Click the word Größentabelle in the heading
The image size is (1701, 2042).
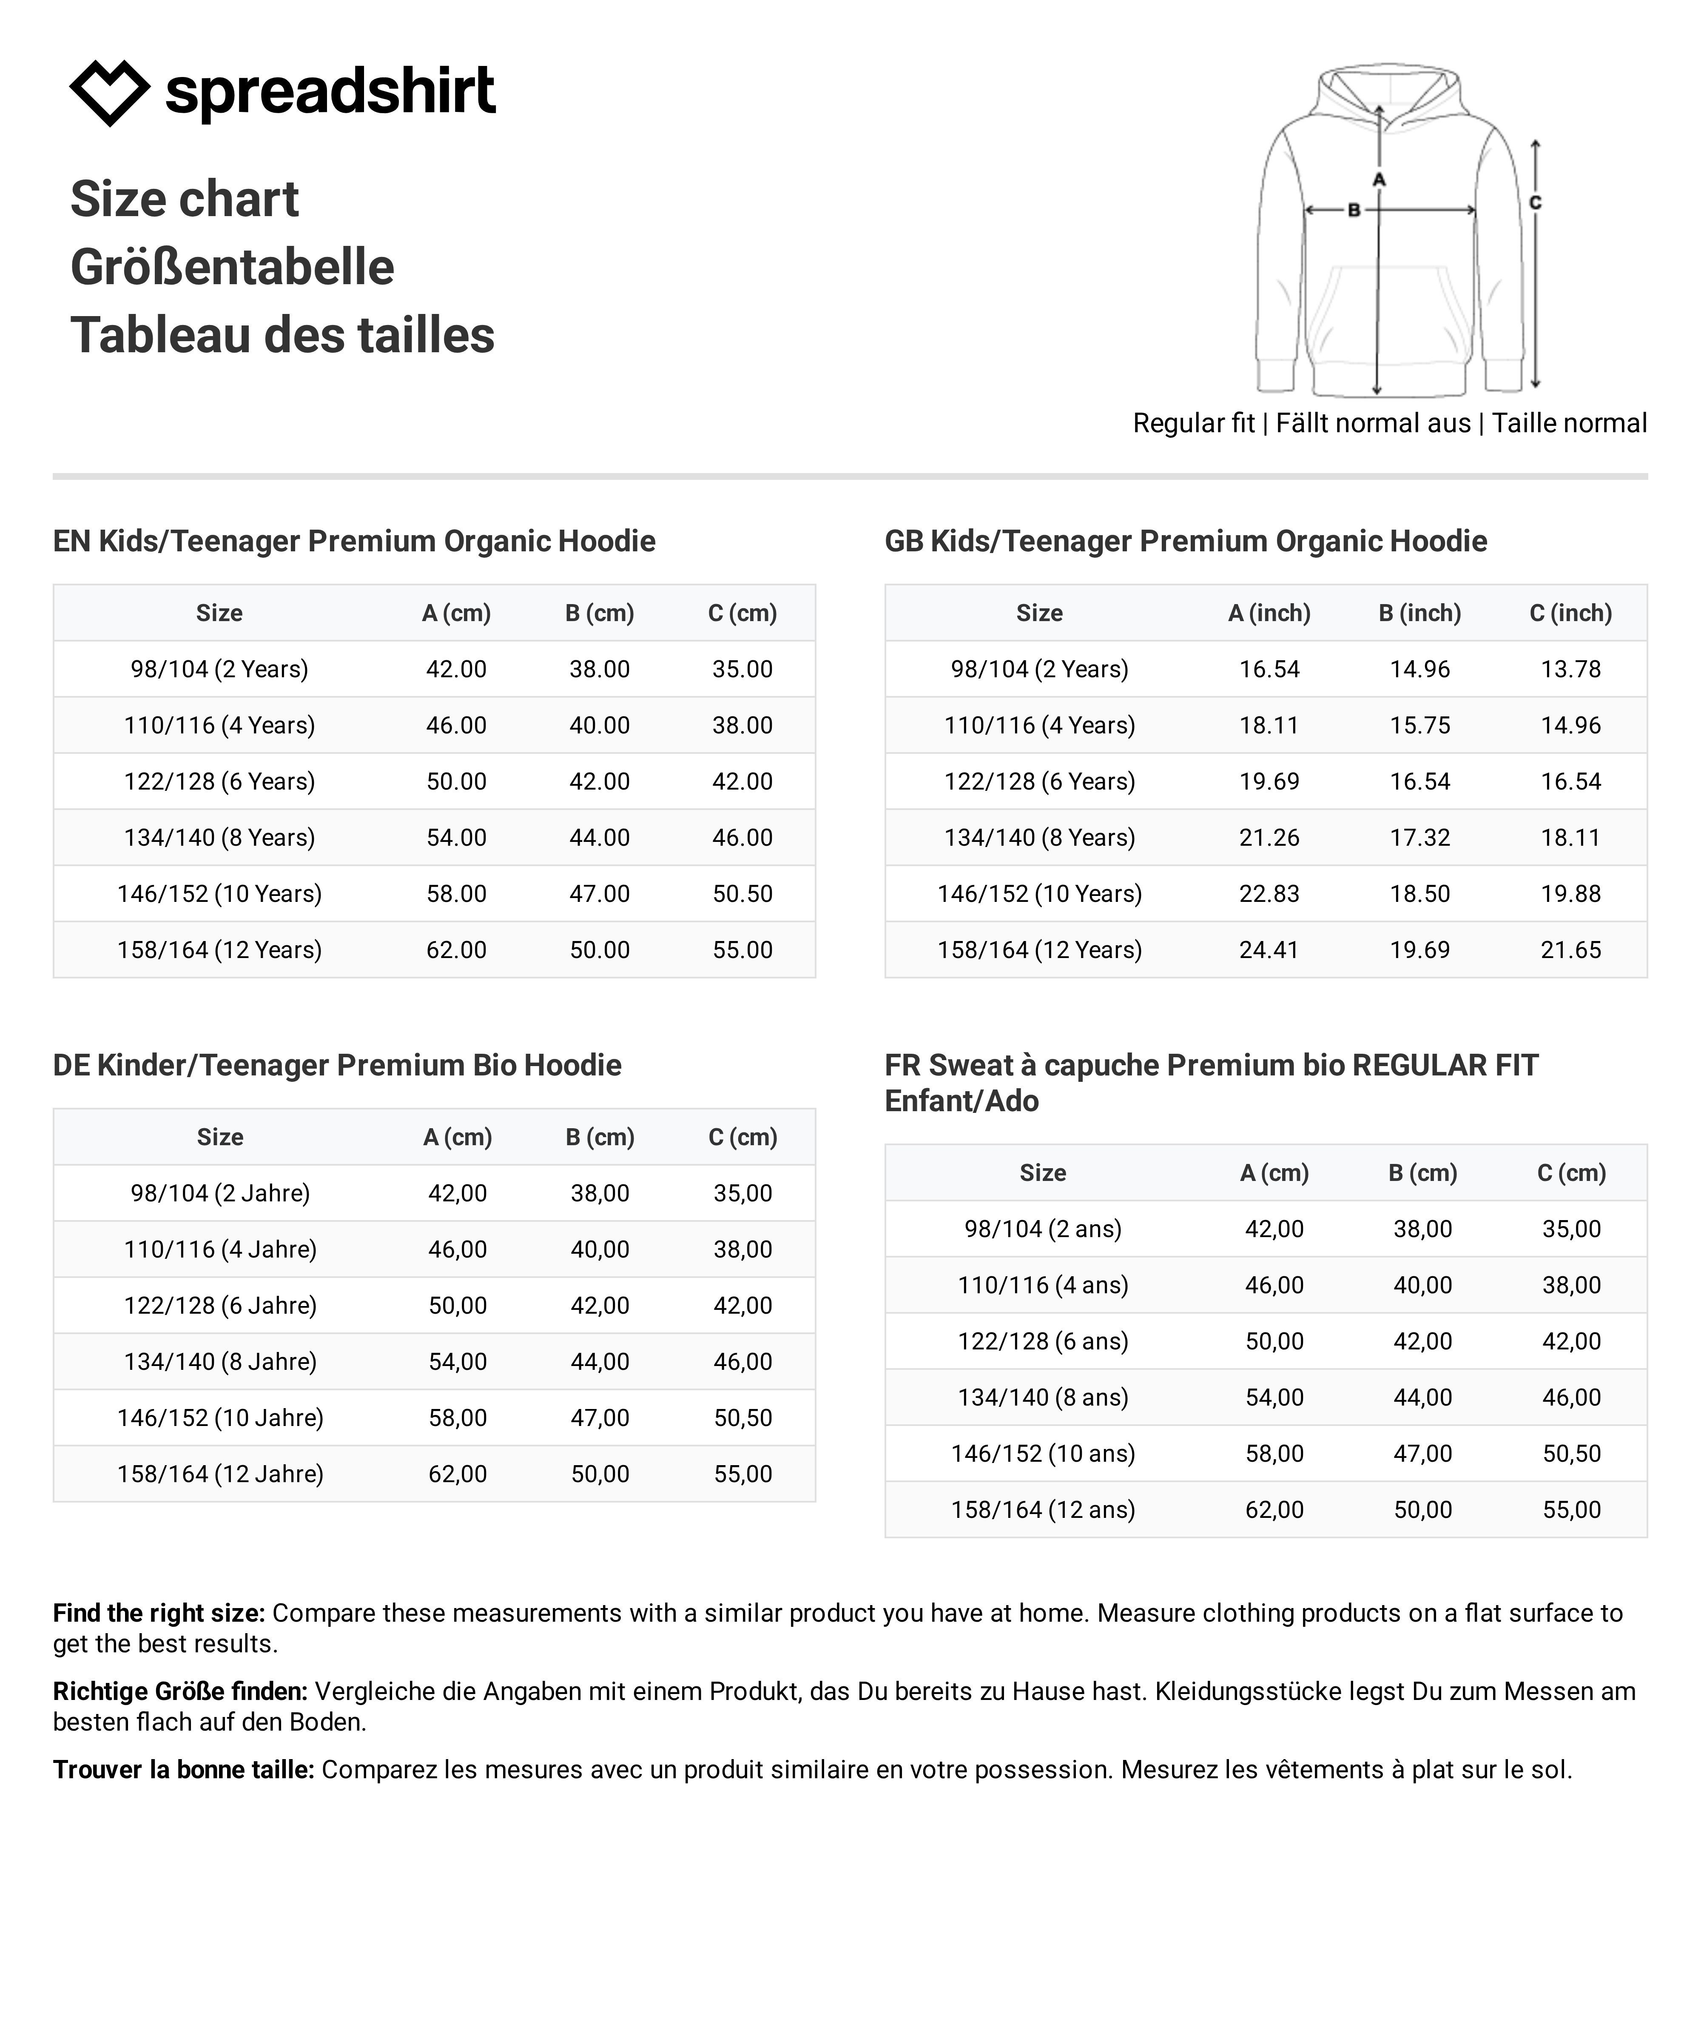[232, 268]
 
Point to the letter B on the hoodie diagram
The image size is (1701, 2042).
[1353, 210]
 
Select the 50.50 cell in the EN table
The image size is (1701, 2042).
[742, 894]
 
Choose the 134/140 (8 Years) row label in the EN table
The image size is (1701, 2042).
[220, 837]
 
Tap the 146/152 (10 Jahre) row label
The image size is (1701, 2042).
[221, 1418]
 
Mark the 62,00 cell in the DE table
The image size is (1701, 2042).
[458, 1474]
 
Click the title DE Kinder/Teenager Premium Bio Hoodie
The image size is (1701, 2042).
[337, 1065]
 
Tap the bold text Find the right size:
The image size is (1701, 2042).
[159, 1613]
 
